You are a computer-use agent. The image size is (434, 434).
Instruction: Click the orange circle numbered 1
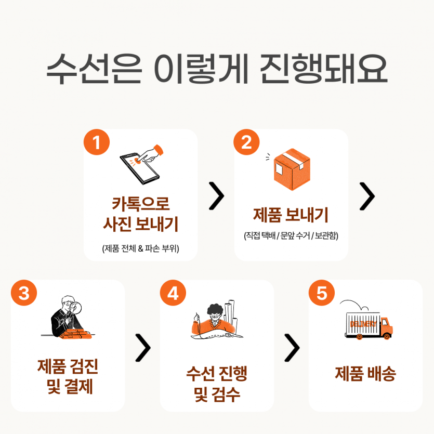pos(97,142)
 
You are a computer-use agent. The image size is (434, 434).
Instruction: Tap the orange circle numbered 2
pos(246,142)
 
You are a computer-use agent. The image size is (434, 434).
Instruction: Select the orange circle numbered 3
pos(24,293)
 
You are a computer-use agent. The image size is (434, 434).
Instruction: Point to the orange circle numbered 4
pos(173,293)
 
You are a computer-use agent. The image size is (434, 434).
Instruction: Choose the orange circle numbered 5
pos(322,293)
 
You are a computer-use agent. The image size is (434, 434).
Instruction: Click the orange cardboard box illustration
pos(292,169)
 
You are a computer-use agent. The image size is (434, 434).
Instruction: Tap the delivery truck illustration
pos(369,325)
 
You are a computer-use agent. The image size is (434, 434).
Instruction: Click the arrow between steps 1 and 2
pos(216,196)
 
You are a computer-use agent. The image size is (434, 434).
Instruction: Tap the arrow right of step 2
pos(367,196)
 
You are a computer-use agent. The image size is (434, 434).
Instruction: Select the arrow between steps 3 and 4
pos(143,348)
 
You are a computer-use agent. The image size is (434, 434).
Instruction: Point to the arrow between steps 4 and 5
pos(292,348)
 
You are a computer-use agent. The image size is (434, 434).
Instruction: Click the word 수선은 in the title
pos(94,69)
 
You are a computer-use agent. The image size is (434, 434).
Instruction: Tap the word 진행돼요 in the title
pos(323,69)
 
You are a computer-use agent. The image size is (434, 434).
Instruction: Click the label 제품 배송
pos(365,374)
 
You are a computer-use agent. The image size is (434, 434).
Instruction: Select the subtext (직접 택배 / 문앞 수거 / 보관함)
pos(291,235)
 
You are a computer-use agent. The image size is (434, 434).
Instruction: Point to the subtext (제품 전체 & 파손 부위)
pos(141,248)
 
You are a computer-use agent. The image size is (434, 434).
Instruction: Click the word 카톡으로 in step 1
pos(141,204)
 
